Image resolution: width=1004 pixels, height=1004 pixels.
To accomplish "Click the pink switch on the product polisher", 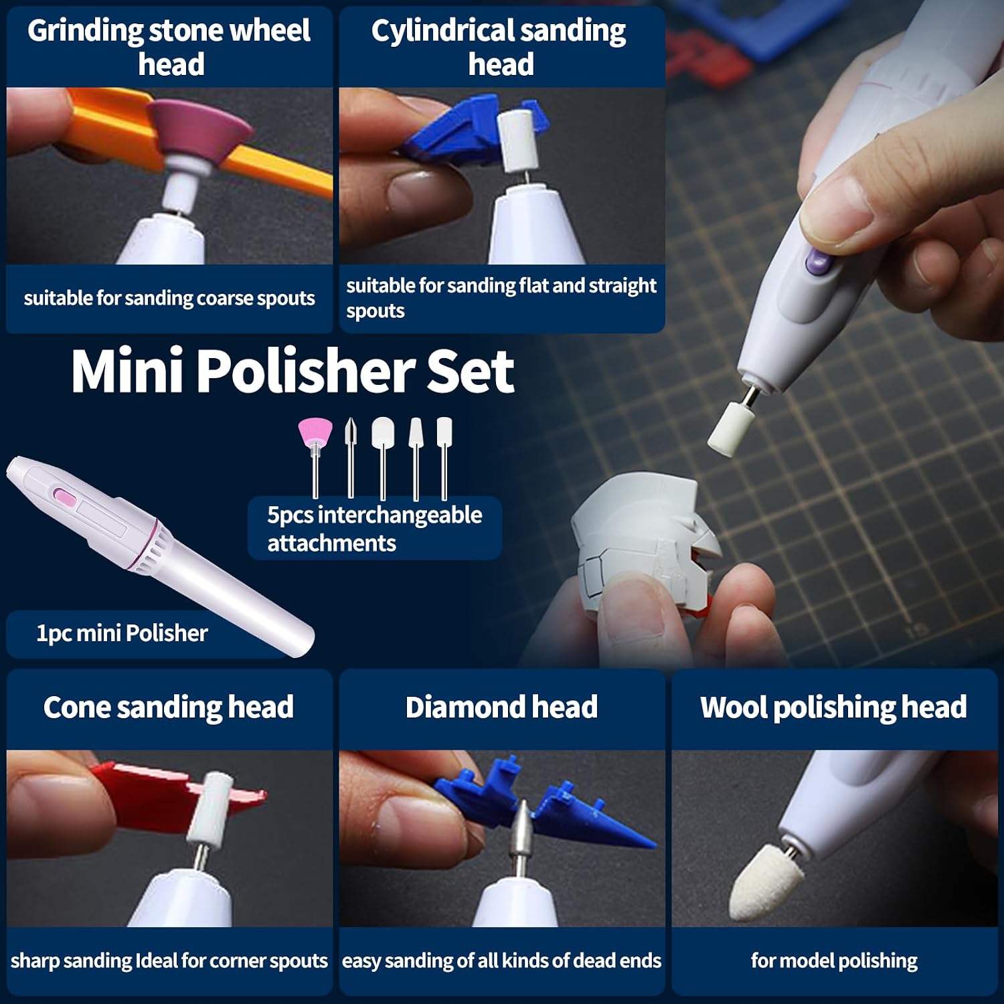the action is pos(65,497).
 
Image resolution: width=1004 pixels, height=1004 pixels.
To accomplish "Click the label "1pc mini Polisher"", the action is pos(122,633).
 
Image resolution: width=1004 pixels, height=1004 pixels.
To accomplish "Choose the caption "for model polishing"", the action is pos(834,960).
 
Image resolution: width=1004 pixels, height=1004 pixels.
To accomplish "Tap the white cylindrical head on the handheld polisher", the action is pos(731,428).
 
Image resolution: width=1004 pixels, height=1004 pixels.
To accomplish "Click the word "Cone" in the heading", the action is pos(76,707).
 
